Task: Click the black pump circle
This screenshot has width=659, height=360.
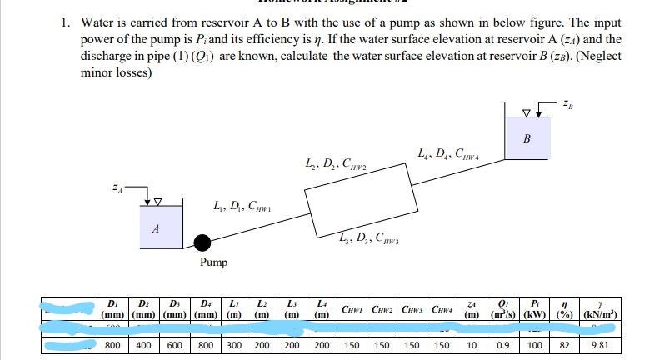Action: (x=202, y=242)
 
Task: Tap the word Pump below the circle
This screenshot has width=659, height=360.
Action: (x=213, y=262)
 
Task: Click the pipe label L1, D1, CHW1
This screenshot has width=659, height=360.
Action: (x=237, y=205)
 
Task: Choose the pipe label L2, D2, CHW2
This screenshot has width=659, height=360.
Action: (x=333, y=172)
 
